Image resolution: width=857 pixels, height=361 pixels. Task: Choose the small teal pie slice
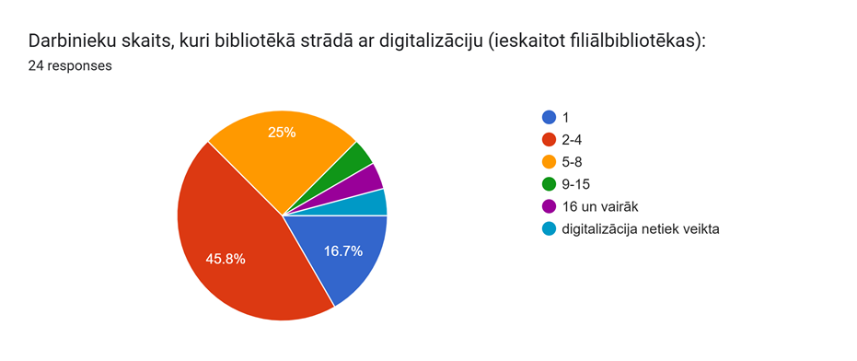coord(372,205)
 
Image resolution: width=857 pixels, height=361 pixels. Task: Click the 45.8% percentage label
coord(226,260)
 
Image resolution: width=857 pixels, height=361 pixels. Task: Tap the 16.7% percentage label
coord(343,251)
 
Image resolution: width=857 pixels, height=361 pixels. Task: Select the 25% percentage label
coord(282,133)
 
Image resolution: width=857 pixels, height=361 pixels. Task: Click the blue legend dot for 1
coord(549,117)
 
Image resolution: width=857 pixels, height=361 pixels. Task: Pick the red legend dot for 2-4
coord(549,139)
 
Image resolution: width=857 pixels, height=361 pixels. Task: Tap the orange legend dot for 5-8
coord(549,162)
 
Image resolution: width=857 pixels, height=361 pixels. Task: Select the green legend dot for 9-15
coord(549,184)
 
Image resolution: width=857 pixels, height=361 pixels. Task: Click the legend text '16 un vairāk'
coord(599,207)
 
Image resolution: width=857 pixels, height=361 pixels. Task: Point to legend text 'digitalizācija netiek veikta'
coord(640,229)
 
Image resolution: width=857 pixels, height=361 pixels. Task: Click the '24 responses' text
coord(70,66)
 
